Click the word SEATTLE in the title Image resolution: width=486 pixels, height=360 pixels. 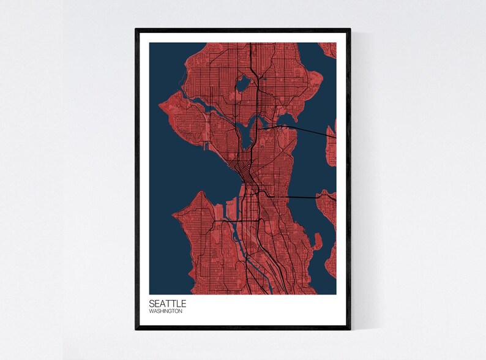tap(168, 303)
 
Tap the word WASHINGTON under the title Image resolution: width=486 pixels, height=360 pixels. tap(165, 312)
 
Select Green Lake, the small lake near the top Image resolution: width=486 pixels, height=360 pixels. tap(244, 81)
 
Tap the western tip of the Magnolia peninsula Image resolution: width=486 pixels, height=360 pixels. tap(160, 107)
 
